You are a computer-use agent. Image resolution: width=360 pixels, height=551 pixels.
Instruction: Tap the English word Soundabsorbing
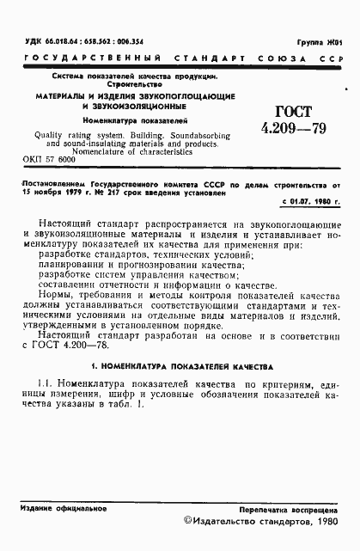pos(202,136)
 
